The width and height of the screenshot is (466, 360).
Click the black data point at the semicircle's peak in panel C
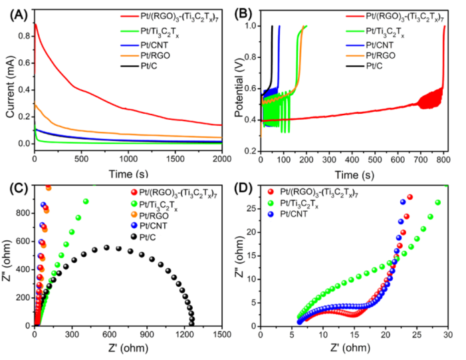[106, 248]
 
